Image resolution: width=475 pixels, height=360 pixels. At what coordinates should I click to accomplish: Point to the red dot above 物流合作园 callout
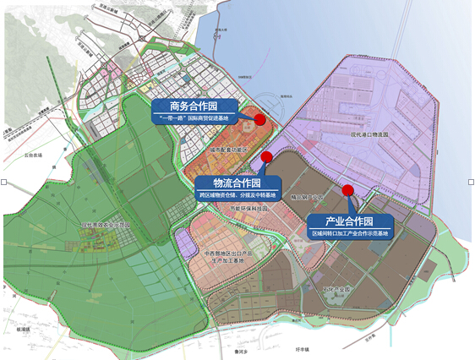click(266, 157)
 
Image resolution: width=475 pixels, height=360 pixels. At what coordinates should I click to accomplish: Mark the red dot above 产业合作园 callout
click(347, 189)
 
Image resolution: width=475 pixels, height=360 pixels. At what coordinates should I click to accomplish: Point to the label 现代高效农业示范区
click(108, 226)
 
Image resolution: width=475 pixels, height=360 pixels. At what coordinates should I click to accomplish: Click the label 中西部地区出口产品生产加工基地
click(225, 256)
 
